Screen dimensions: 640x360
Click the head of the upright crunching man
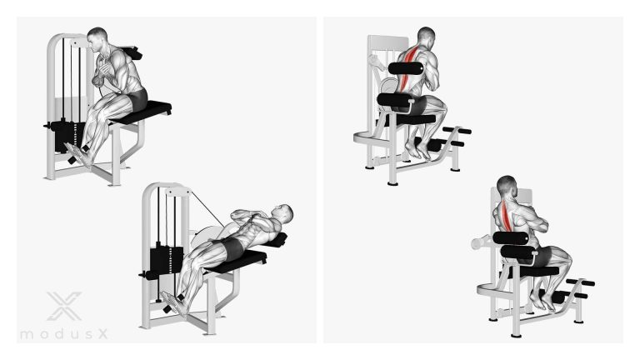[x=97, y=40]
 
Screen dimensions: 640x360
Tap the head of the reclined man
[x=282, y=214]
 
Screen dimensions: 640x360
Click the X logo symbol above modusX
[x=64, y=306]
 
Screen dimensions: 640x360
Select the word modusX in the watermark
[x=64, y=334]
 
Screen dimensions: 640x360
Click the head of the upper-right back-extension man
[x=426, y=38]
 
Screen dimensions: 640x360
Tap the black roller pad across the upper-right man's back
[x=404, y=68]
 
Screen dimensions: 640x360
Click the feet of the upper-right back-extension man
[x=418, y=152]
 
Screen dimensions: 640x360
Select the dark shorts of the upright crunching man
[x=137, y=100]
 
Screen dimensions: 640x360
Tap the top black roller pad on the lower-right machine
[x=511, y=238]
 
